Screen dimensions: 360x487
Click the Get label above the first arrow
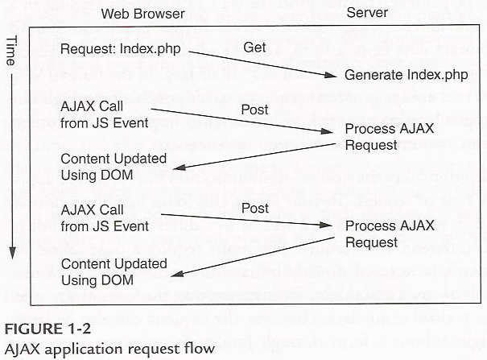255,48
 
